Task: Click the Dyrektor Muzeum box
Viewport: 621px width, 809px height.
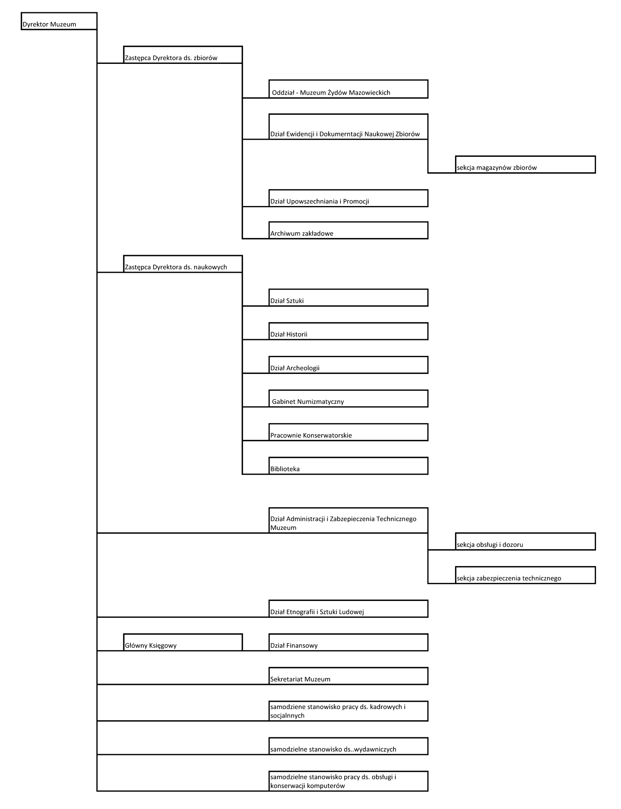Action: click(x=59, y=21)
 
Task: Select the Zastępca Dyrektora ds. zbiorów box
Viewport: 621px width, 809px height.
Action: click(x=183, y=54)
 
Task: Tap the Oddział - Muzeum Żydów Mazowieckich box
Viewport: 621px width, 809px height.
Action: click(x=348, y=89)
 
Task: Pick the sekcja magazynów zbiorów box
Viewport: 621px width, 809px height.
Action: click(x=525, y=164)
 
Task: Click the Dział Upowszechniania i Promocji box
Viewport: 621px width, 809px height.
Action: click(x=348, y=198)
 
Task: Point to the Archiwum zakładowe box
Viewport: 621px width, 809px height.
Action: click(x=348, y=230)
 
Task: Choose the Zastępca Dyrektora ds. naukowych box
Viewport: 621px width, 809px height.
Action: click(x=183, y=264)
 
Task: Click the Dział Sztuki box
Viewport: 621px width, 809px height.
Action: click(x=348, y=297)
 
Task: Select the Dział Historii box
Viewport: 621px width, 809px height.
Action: click(x=348, y=331)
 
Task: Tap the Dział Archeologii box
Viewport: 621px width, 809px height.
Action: click(x=348, y=365)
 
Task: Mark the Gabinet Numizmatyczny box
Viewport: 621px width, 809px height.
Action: click(x=348, y=398)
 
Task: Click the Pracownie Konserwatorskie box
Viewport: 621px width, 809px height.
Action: click(x=348, y=432)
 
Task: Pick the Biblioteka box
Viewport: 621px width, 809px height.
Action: click(x=348, y=466)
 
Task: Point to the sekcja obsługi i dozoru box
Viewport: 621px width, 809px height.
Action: click(x=525, y=542)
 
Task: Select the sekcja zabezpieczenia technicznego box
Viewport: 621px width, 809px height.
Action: click(x=525, y=575)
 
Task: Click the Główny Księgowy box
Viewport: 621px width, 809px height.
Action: click(x=183, y=642)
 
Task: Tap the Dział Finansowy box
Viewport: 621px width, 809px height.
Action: click(x=348, y=642)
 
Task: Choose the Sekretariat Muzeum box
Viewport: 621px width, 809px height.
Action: click(x=348, y=676)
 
